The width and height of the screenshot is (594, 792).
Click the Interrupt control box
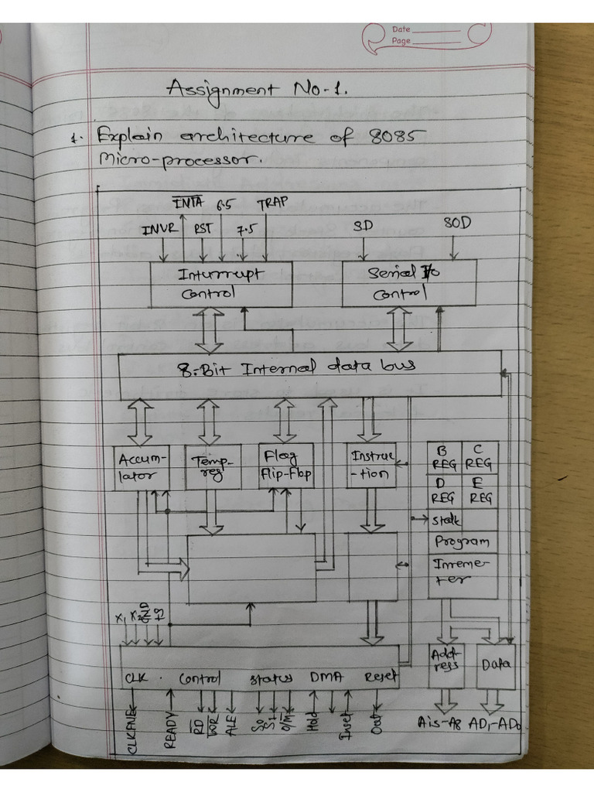click(221, 284)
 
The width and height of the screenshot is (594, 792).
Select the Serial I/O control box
click(408, 283)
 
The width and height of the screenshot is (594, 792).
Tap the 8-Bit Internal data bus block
click(309, 374)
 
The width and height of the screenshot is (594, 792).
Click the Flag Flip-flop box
click(286, 466)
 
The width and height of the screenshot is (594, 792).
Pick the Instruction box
click(371, 466)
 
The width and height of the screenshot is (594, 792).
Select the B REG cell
click(445, 457)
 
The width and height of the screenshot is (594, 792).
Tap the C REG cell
click(480, 457)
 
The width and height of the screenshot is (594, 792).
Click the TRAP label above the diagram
click(272, 204)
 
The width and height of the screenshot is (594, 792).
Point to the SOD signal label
click(457, 224)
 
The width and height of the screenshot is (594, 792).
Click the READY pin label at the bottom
click(171, 729)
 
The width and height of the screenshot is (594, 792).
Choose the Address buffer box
click(446, 665)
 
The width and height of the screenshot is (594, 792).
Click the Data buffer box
click(496, 665)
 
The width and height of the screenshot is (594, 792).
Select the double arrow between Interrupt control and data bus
click(208, 330)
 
